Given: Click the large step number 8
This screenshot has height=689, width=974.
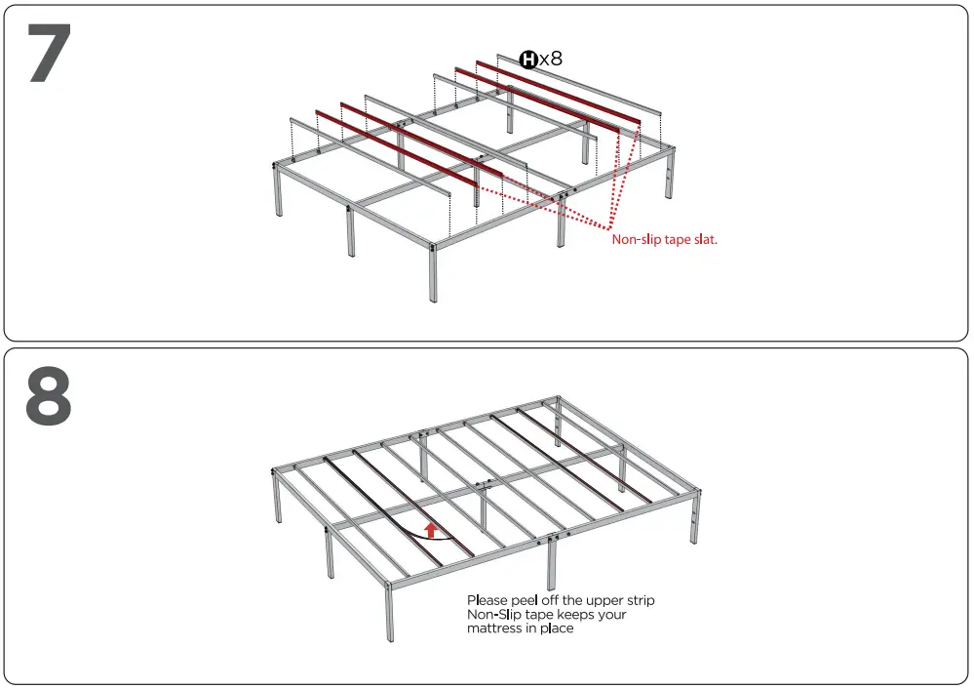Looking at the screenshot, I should [x=50, y=395].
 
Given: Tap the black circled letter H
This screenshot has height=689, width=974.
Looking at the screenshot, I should [x=528, y=60].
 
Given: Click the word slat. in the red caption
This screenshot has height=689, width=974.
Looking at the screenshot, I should [x=705, y=239].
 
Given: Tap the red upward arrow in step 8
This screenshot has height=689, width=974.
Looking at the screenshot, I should [x=430, y=530].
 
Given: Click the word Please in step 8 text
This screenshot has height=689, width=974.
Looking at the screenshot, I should [x=488, y=600].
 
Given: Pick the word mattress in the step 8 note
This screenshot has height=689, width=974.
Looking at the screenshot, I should [x=494, y=629].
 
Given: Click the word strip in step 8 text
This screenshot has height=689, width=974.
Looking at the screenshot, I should [x=640, y=600].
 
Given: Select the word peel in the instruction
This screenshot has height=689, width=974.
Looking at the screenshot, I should [x=526, y=600].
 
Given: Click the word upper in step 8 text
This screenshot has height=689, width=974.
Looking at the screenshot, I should [x=604, y=600].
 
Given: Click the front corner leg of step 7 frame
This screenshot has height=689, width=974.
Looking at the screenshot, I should [x=431, y=278].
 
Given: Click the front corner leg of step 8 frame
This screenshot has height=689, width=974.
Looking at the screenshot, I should [x=390, y=615].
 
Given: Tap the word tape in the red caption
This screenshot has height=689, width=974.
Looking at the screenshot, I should [x=676, y=239].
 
